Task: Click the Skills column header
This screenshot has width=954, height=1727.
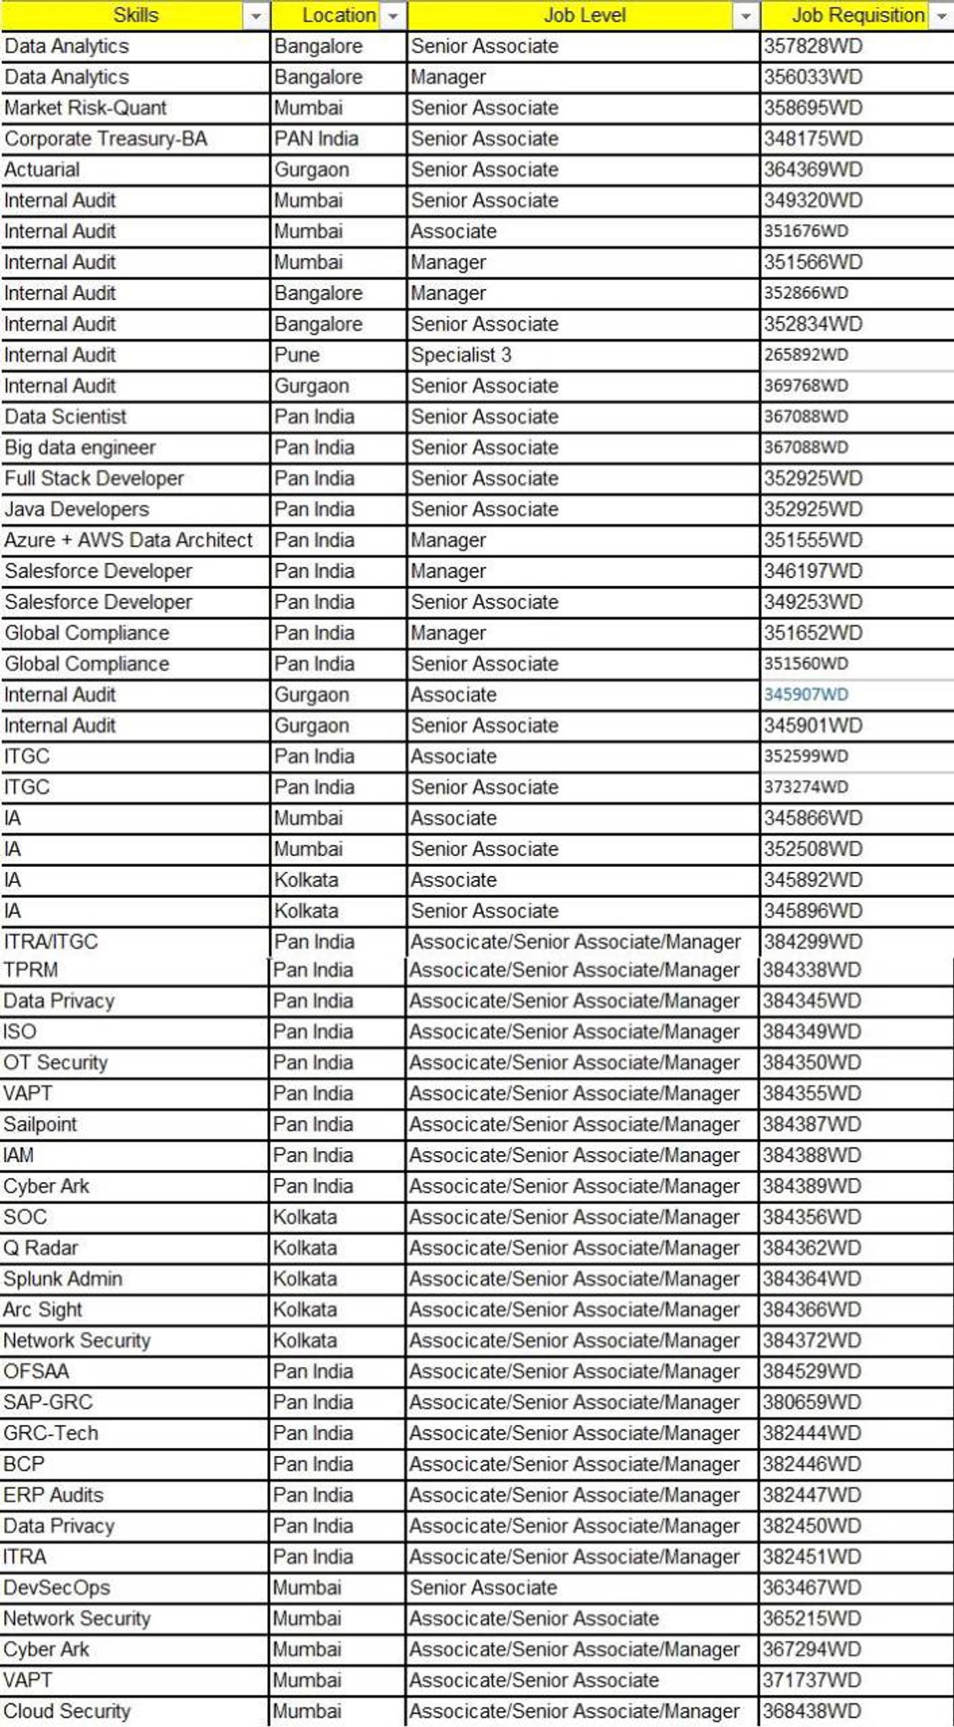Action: click(135, 15)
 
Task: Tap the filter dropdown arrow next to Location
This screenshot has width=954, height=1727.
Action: click(393, 16)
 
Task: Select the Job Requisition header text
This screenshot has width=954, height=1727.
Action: click(857, 15)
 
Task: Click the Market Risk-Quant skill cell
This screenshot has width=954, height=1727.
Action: click(85, 108)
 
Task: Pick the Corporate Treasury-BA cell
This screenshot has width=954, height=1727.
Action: click(105, 139)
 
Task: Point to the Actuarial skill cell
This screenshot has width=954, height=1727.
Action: click(42, 169)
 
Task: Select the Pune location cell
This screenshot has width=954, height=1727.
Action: click(297, 355)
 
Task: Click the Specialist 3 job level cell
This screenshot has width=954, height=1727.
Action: click(461, 355)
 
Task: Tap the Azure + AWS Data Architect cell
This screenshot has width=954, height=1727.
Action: click(128, 541)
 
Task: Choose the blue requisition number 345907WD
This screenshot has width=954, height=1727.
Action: click(806, 695)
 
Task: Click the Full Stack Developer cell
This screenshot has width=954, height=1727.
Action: click(94, 479)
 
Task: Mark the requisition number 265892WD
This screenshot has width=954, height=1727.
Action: click(806, 355)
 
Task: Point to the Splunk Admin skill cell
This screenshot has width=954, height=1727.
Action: click(62, 1279)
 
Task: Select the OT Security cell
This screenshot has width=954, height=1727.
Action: click(56, 1063)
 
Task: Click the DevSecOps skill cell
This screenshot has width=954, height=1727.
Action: click(57, 1588)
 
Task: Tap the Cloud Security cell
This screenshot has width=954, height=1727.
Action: click(67, 1711)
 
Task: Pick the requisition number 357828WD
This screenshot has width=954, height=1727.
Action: click(812, 46)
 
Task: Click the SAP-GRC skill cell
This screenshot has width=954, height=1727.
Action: click(48, 1402)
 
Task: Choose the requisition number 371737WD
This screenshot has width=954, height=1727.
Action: click(811, 1680)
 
